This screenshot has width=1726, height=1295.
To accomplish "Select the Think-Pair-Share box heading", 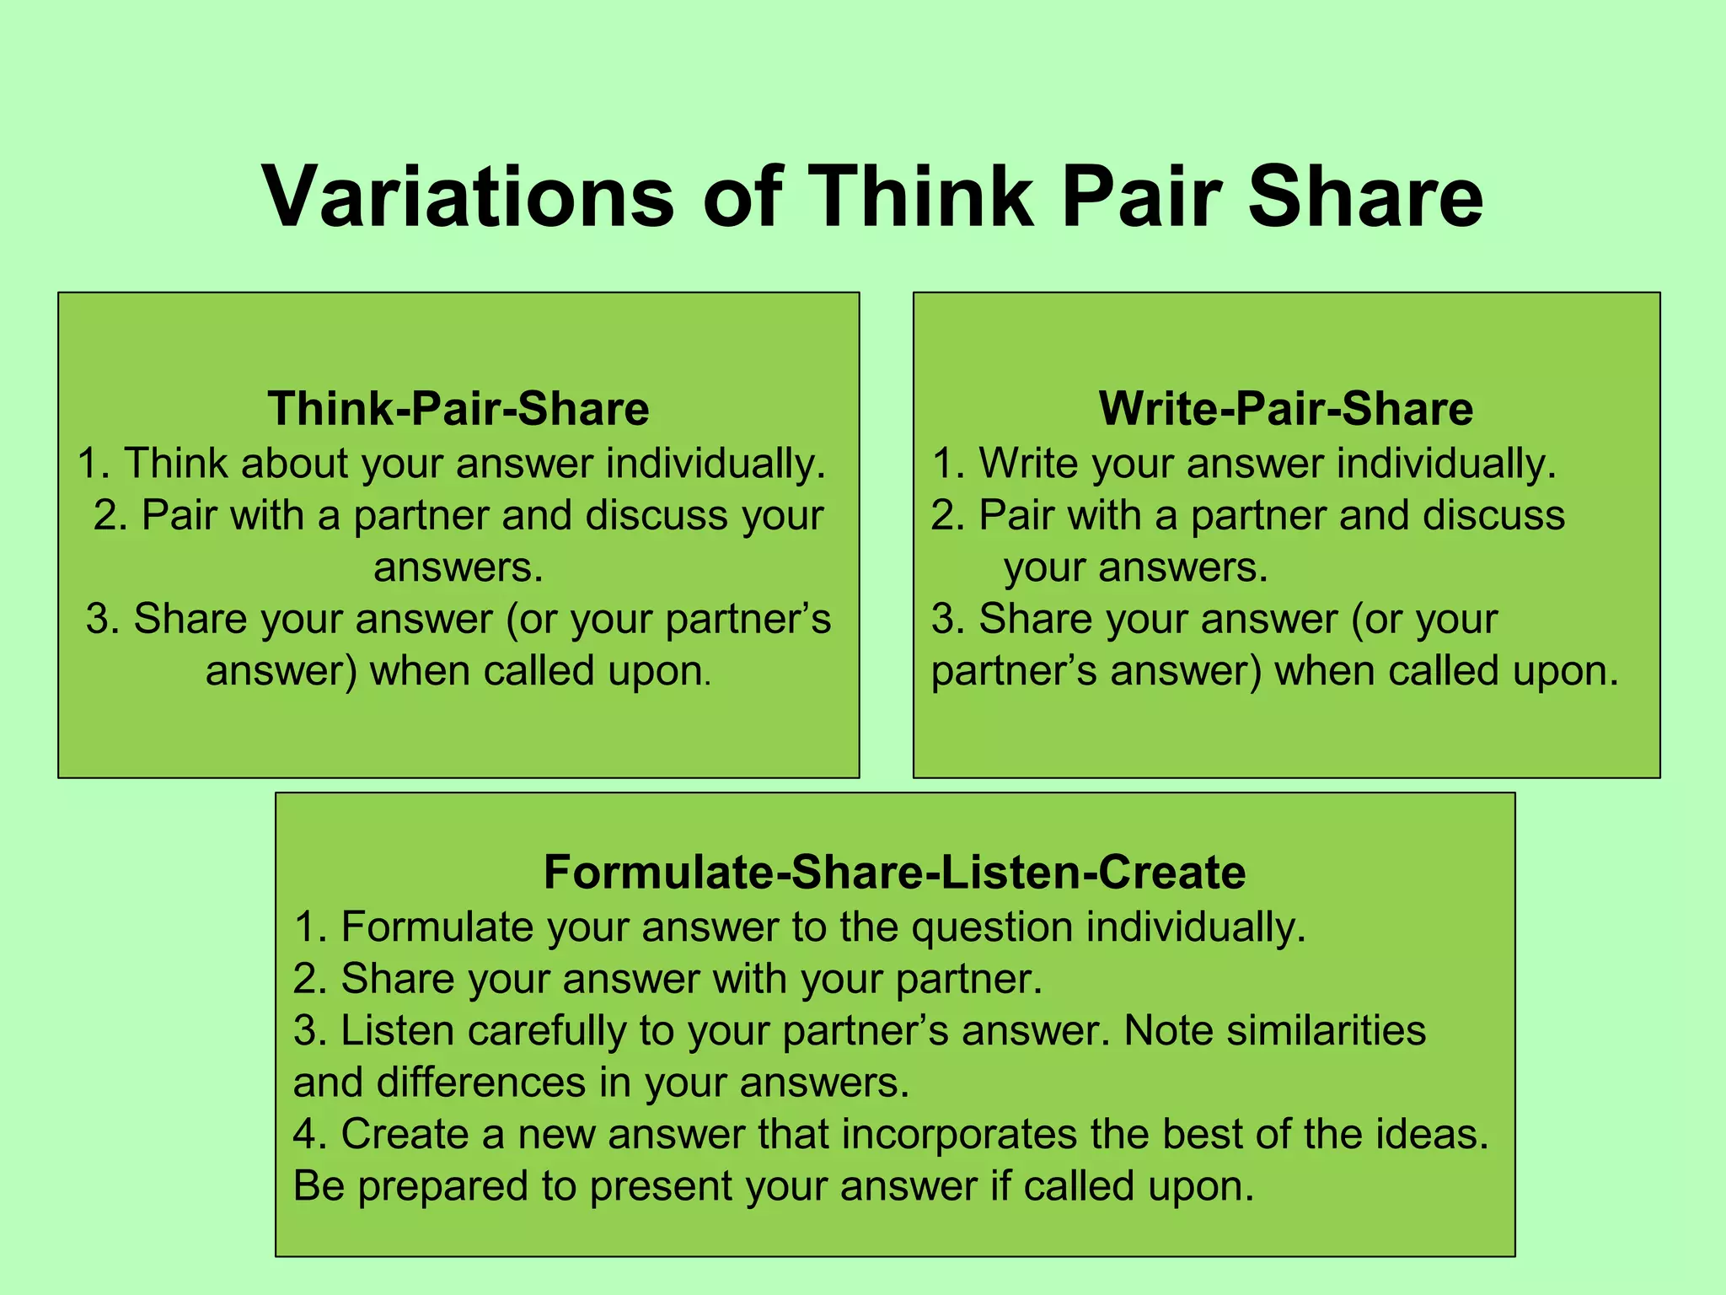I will pos(458,409).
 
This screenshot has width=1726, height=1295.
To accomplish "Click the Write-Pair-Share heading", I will pos(1286,409).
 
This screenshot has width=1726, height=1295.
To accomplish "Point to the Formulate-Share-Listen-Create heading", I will pos(894,872).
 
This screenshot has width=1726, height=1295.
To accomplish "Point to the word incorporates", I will pos(959,1134).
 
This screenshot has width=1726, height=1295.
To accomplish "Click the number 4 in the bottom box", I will pos(304,1134).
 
